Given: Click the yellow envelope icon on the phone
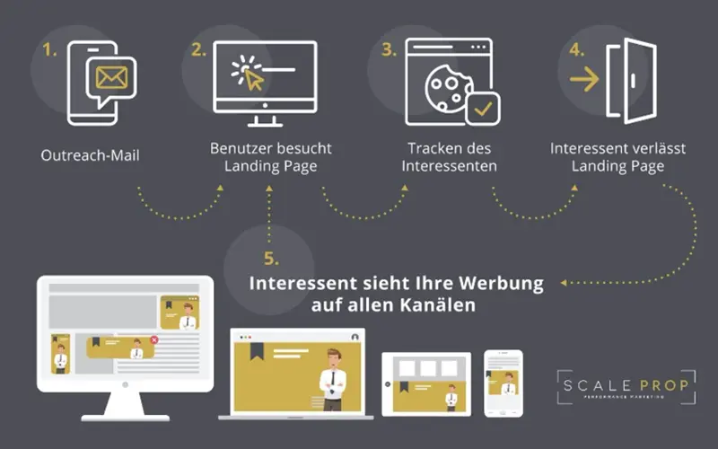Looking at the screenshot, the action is tap(111, 79).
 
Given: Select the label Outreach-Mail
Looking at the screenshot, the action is tap(90, 155).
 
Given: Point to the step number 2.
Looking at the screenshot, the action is tap(198, 51).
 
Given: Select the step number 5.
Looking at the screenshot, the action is tap(270, 260).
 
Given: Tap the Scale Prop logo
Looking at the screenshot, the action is tap(625, 387).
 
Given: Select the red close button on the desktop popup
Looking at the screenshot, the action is tap(154, 340).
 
